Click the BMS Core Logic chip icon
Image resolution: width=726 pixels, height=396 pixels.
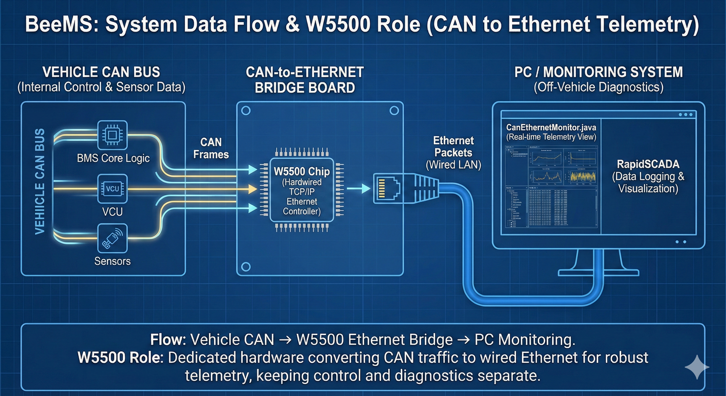click(112, 135)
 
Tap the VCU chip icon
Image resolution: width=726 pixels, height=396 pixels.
click(112, 188)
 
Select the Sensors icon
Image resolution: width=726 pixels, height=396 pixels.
click(112, 238)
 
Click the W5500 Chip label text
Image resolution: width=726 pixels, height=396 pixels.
click(302, 171)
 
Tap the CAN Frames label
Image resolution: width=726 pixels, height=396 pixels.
click(211, 148)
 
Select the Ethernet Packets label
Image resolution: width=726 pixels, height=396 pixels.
click(453, 146)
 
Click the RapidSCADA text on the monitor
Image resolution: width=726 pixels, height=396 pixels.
click(648, 164)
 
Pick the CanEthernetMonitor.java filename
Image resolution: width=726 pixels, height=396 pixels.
click(551, 127)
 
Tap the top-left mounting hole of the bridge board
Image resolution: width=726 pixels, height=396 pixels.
click(246, 111)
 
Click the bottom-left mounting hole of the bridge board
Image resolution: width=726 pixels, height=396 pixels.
click(246, 266)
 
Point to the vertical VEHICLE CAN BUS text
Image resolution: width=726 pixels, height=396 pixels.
click(40, 181)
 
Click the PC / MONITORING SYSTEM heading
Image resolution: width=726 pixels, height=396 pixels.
click(598, 72)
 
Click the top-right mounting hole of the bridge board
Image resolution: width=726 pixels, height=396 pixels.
click(394, 111)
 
